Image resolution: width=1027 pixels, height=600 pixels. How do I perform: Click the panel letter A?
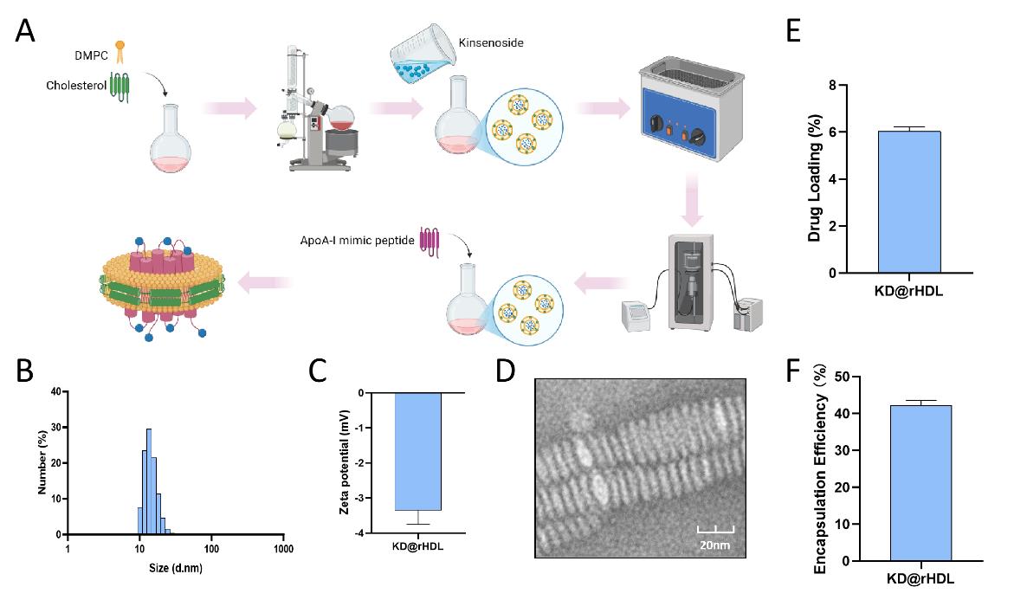pyautogui.click(x=25, y=31)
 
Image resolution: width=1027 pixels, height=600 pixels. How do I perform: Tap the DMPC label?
pyautogui.click(x=91, y=55)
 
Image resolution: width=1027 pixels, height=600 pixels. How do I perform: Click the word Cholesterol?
pyautogui.click(x=76, y=85)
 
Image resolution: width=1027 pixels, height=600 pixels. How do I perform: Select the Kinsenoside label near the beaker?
pyautogui.click(x=491, y=42)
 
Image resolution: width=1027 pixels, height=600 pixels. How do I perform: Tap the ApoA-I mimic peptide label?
pyautogui.click(x=357, y=241)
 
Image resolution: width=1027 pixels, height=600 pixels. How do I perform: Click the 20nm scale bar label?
pyautogui.click(x=714, y=545)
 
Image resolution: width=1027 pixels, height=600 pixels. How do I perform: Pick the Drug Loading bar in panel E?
pyautogui.click(x=909, y=202)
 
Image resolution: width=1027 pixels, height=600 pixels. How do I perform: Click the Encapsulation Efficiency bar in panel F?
pyautogui.click(x=920, y=483)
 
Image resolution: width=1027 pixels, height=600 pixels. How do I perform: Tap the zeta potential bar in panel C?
pyautogui.click(x=417, y=451)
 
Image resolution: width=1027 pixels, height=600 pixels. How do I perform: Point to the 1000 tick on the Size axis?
pyautogui.click(x=284, y=549)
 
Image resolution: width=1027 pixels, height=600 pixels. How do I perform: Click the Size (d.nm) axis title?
pyautogui.click(x=176, y=568)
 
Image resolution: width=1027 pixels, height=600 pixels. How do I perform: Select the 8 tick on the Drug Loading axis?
pyautogui.click(x=832, y=85)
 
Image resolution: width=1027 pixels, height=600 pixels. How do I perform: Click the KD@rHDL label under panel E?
pyautogui.click(x=908, y=291)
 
